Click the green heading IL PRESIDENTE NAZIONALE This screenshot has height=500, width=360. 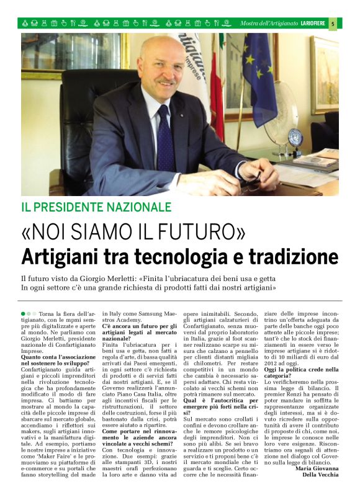(x=96, y=207)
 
